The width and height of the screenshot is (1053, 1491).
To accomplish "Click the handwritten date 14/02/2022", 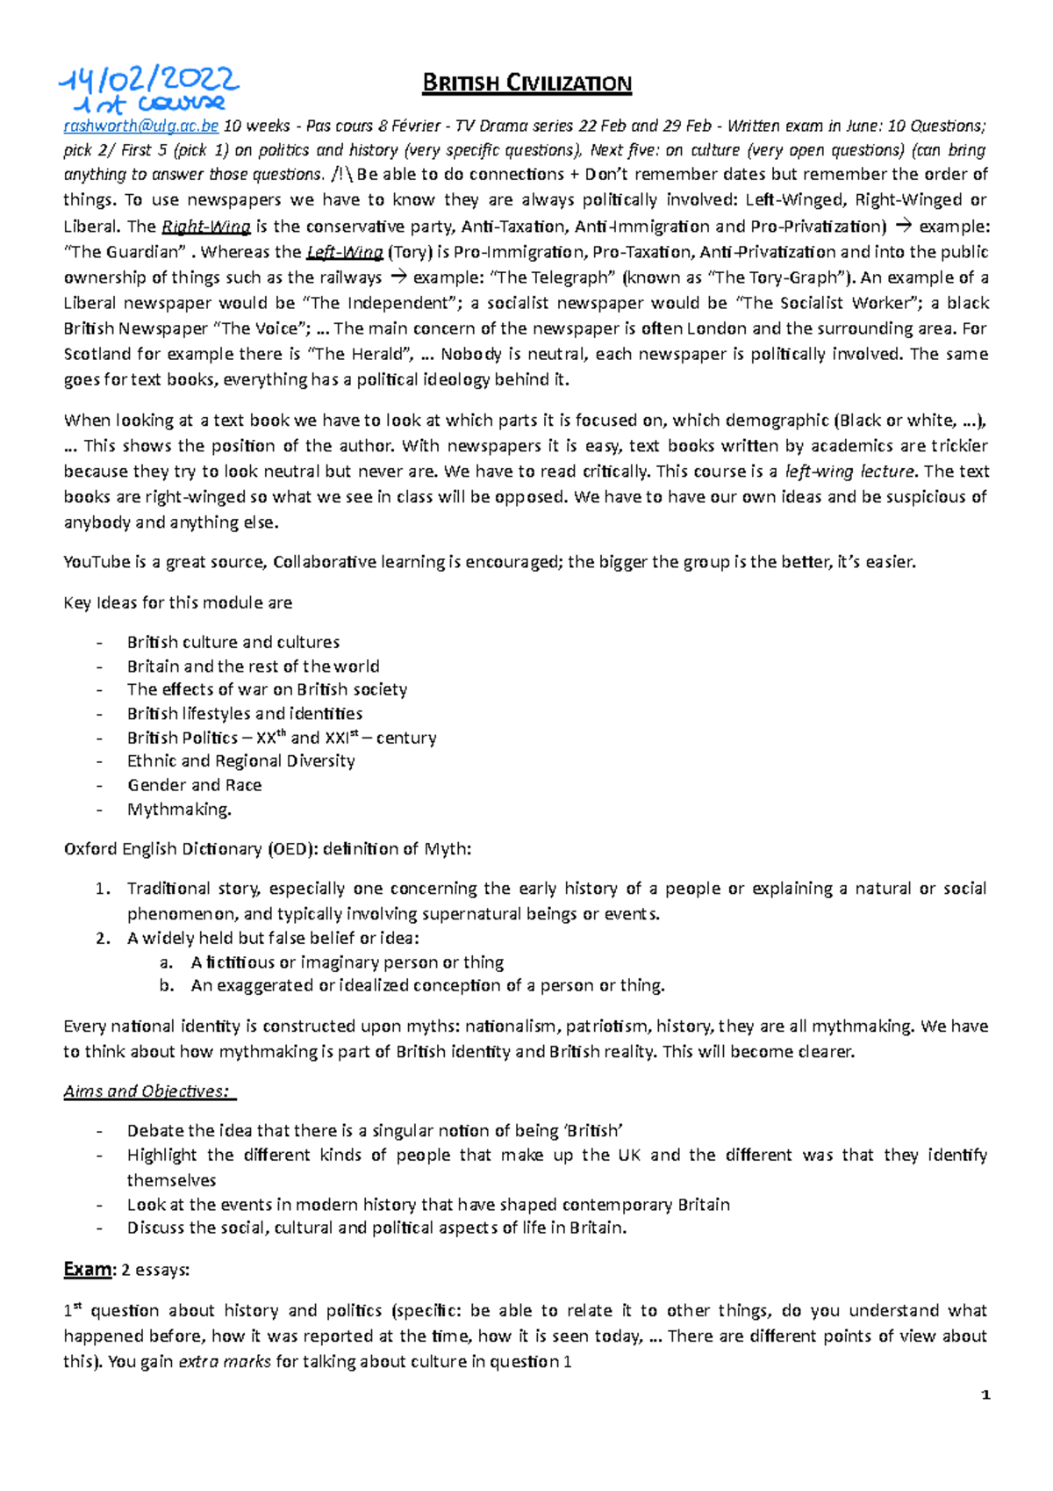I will click(149, 81).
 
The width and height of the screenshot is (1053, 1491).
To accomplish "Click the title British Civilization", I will click(526, 83).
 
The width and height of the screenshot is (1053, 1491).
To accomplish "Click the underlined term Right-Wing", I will click(206, 227).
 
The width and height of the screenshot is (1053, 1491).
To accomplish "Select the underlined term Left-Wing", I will click(344, 252).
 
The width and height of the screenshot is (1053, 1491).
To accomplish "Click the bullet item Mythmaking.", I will click(179, 809).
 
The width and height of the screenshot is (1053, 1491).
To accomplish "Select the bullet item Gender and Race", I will click(194, 785).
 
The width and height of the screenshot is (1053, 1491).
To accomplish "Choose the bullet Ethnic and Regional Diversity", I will click(240, 760).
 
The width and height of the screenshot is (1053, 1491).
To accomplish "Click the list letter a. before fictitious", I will click(166, 962).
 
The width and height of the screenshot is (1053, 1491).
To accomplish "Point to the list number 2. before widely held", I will click(103, 938).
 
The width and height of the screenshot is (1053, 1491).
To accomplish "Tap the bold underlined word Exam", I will click(88, 1270).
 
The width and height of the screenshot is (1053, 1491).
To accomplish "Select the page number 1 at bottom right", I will click(986, 1395).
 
